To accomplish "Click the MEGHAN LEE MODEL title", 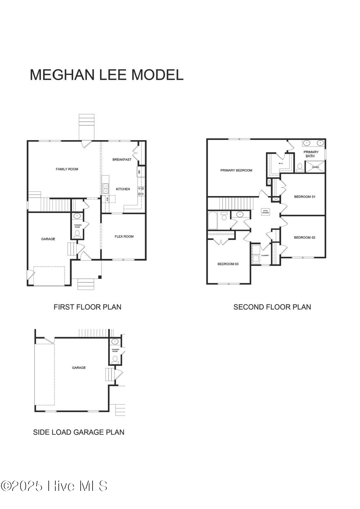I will [106, 75].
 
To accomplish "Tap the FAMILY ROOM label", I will [67, 169].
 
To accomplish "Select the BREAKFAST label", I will [122, 159].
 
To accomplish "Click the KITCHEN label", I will [123, 189].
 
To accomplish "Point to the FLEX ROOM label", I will [124, 237].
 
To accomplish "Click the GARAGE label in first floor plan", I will [48, 239].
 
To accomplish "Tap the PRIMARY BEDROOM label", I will [236, 170].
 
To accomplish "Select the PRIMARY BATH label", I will [311, 154].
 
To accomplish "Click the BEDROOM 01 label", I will [304, 197].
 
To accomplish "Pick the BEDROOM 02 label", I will [304, 237].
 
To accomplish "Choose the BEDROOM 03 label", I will [228, 264].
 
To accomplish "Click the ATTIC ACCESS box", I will [265, 212].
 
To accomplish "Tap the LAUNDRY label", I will [265, 256].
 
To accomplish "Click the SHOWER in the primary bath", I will [315, 167].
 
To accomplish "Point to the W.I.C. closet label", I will [281, 164].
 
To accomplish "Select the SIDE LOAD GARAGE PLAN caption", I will [79, 432].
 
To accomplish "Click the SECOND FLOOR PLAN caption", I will [272, 307].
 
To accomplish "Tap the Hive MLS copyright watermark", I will [54, 486].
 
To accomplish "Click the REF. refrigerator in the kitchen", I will [139, 172].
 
